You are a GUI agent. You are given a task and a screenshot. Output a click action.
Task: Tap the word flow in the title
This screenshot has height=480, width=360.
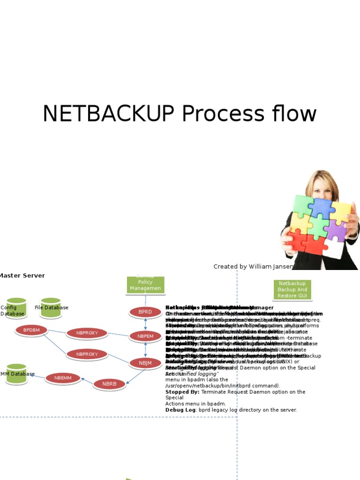point(293,114)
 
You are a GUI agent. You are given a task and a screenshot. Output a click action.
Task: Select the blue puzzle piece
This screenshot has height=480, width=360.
point(322,208)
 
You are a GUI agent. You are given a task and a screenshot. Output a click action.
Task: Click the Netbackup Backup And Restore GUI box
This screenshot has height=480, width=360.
point(292,290)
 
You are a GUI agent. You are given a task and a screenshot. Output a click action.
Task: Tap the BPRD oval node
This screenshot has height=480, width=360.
point(145,312)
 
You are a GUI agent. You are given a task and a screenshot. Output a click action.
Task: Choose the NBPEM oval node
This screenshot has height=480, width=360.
point(145,336)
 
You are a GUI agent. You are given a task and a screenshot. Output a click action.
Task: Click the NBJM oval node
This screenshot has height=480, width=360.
point(145,362)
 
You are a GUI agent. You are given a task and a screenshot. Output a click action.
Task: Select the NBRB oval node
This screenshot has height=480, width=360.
point(109,384)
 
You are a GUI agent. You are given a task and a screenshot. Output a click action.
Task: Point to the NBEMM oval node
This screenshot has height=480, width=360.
point(63,378)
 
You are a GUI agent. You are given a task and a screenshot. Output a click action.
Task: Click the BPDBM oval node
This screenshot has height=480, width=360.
point(31,330)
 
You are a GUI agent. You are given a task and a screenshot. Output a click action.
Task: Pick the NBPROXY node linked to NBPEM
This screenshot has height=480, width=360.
point(87,333)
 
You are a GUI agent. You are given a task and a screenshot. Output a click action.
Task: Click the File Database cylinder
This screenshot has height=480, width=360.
point(51,308)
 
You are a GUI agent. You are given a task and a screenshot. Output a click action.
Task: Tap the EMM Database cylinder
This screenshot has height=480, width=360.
point(16,374)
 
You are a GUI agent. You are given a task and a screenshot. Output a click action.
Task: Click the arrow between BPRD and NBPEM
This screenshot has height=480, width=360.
point(145,324)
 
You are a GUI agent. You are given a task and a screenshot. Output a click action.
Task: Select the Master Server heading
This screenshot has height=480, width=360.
point(22,276)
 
